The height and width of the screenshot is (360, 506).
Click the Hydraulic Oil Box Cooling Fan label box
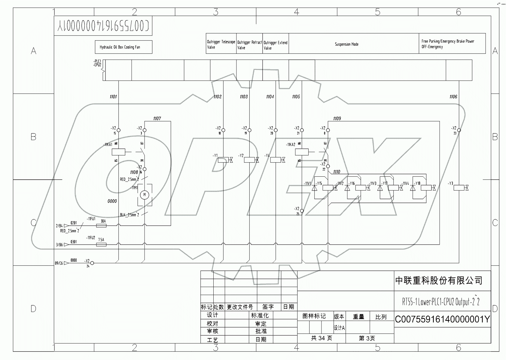coord(123,47)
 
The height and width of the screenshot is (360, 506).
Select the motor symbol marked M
coord(145,195)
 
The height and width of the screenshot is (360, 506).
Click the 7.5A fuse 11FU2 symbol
coord(101,245)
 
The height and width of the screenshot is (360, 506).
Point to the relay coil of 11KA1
coord(118,152)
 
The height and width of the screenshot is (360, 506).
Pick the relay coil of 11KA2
coord(302,152)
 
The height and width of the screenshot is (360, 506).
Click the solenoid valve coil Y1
coord(223,160)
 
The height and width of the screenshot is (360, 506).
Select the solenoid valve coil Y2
coord(249,160)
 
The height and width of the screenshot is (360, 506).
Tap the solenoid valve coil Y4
coord(275,160)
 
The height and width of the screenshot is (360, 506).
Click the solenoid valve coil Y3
coord(459,188)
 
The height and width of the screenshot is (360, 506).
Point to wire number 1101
coord(113,97)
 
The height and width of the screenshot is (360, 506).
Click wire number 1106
coord(453,97)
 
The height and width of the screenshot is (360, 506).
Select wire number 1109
coord(337,119)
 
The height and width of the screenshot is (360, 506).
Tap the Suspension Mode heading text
coord(347,44)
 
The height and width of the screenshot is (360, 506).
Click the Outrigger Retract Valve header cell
coord(249,45)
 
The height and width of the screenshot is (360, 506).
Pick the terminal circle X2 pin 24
coord(92,263)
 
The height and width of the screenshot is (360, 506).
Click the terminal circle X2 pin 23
coord(459,130)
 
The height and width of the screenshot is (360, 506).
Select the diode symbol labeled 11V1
coord(315,188)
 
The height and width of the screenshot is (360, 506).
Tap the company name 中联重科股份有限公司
coord(439,281)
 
